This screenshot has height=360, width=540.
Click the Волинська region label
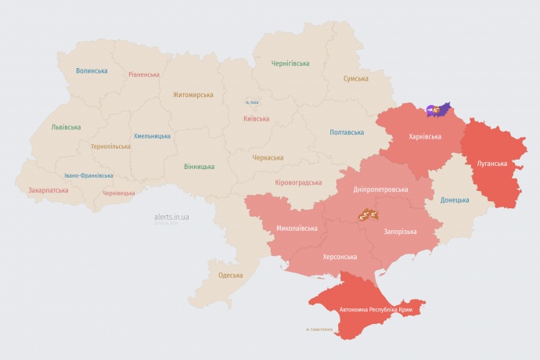[92, 70]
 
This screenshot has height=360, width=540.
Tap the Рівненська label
[144, 75]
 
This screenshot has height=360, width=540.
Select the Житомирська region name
[193, 95]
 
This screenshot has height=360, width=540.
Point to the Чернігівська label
[290, 63]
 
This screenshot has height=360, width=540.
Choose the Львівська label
[66, 127]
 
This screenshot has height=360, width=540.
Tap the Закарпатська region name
[48, 190]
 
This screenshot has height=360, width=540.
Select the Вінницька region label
[199, 167]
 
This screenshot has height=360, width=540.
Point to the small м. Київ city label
[252, 103]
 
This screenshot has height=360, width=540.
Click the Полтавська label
[346, 132]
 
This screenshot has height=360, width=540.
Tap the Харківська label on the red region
[425, 136]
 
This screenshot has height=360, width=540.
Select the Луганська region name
[491, 164]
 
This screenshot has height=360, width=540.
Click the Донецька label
[455, 200]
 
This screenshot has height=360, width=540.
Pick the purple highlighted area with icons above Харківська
[439, 110]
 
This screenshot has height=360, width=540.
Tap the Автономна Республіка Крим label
[376, 310]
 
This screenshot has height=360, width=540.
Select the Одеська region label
[230, 275]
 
